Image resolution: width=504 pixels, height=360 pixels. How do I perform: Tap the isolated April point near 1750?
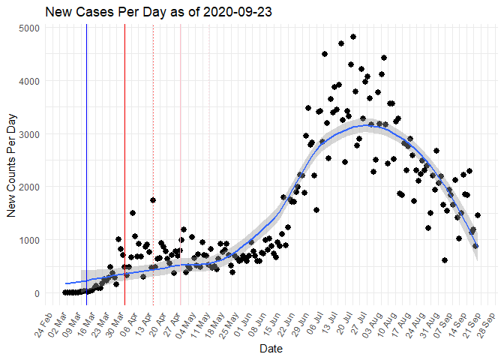[152, 200]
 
